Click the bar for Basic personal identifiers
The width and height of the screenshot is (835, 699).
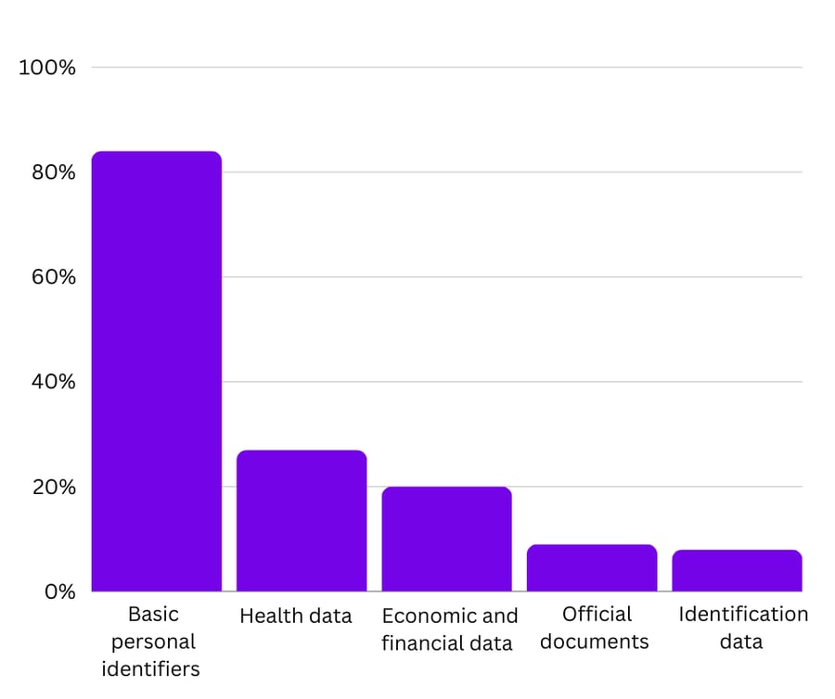tap(156, 371)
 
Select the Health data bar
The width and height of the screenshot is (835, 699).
tap(302, 521)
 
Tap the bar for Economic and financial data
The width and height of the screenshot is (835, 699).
tap(446, 539)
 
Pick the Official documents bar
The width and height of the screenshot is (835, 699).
tap(592, 567)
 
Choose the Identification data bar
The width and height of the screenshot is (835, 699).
tap(737, 570)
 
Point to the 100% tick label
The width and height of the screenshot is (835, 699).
tap(47, 68)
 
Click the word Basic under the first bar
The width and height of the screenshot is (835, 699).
tap(153, 614)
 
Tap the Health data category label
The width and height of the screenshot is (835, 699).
tap(296, 616)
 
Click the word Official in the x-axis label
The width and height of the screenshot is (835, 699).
tap(597, 614)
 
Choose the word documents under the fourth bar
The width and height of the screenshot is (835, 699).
tap(594, 642)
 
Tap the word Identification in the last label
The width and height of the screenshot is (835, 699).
tap(743, 614)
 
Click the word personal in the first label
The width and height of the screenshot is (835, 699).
tap(154, 642)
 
